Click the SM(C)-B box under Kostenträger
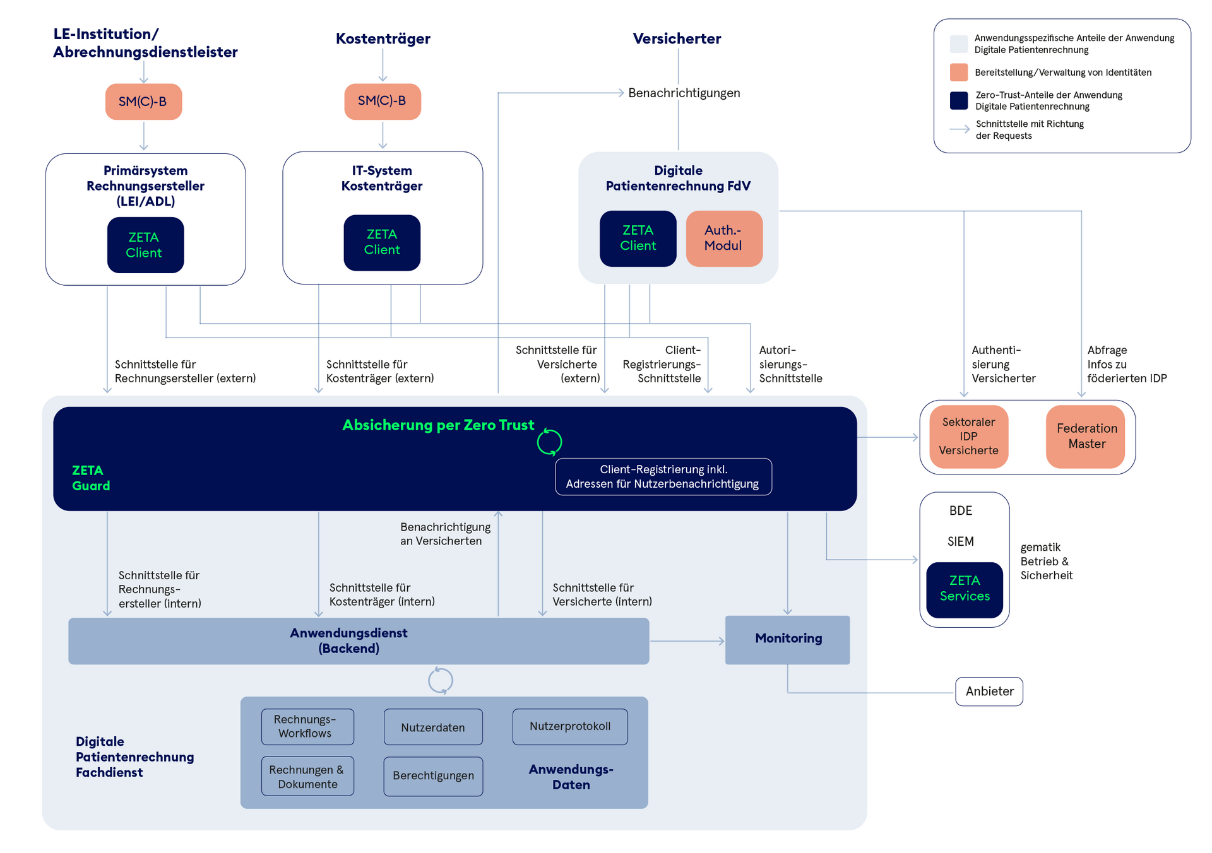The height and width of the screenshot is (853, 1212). pyautogui.click(x=383, y=102)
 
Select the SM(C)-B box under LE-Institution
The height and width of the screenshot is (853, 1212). pyautogui.click(x=143, y=102)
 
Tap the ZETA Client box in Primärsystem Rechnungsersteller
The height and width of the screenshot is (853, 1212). pyautogui.click(x=145, y=245)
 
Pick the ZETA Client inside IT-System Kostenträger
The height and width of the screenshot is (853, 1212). pyautogui.click(x=382, y=243)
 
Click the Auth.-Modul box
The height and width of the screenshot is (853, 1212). pyautogui.click(x=724, y=238)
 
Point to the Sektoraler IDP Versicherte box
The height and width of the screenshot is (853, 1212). pyautogui.click(x=968, y=437)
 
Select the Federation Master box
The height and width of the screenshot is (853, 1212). pyautogui.click(x=1086, y=437)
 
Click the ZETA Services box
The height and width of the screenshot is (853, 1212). pyautogui.click(x=965, y=589)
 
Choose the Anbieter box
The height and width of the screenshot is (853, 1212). pyautogui.click(x=989, y=691)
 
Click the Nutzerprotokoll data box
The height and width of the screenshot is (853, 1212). pyautogui.click(x=570, y=727)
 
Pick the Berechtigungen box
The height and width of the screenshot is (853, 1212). pyautogui.click(x=433, y=776)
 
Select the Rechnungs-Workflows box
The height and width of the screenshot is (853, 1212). pyautogui.click(x=307, y=727)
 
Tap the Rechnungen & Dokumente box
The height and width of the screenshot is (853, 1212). pyautogui.click(x=307, y=777)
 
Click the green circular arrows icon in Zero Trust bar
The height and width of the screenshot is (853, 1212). pyautogui.click(x=549, y=442)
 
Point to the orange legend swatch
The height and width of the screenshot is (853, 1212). pyautogui.click(x=959, y=73)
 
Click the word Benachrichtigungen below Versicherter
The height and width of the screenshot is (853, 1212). pyautogui.click(x=684, y=93)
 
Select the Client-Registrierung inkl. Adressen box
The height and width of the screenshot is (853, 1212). pyautogui.click(x=663, y=477)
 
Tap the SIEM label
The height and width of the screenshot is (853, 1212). pyautogui.click(x=960, y=542)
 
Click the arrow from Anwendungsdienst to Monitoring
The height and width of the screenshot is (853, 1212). pyautogui.click(x=687, y=641)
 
